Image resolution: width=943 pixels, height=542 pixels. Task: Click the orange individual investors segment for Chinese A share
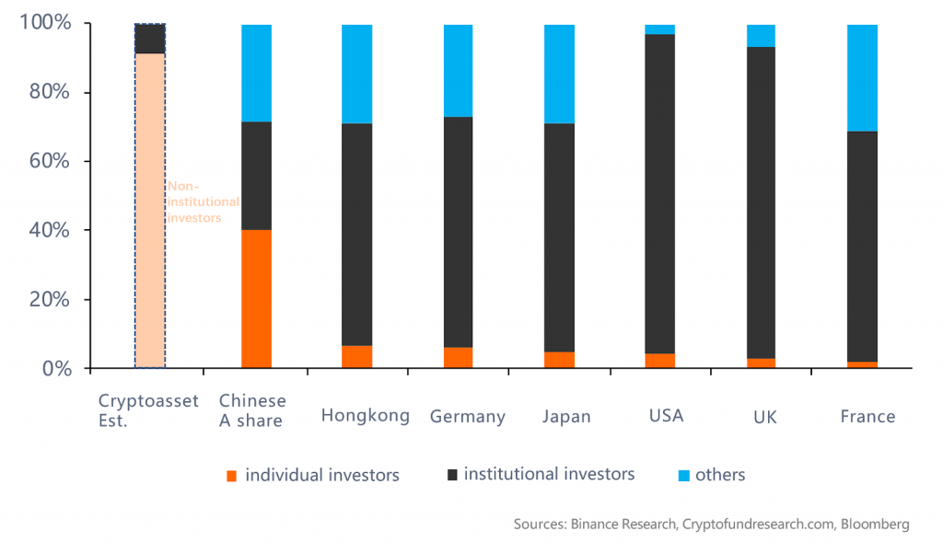(256, 298)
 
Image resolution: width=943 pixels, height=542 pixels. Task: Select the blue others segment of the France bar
(862, 77)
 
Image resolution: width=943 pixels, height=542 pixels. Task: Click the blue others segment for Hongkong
(356, 74)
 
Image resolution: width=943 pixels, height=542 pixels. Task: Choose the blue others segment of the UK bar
(761, 36)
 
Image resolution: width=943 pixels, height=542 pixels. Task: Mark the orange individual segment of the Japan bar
(559, 360)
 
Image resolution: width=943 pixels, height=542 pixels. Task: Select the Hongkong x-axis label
(365, 415)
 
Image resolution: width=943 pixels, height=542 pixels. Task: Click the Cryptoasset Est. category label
(148, 410)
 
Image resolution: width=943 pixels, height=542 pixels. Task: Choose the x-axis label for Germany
(468, 416)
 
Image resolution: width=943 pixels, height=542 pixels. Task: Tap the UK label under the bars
(764, 417)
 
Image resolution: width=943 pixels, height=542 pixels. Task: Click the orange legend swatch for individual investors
(231, 476)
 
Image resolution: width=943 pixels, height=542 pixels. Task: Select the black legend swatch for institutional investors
(451, 475)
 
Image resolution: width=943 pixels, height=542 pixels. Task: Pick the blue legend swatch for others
(682, 476)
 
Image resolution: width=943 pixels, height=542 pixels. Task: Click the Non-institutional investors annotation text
(202, 202)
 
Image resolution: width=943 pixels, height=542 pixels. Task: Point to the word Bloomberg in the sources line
(873, 525)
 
